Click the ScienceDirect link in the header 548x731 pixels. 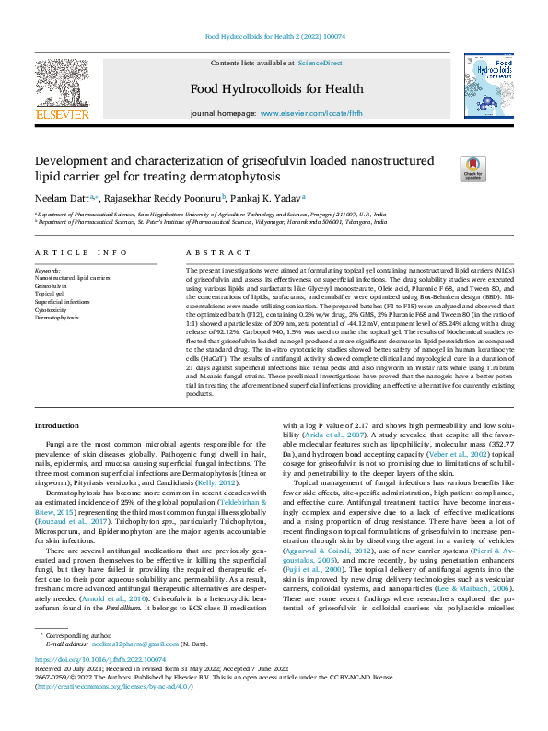tap(320, 63)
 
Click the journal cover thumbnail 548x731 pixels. tap(488, 87)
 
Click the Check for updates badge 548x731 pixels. tap(472, 168)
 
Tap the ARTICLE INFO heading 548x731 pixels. tap(81, 252)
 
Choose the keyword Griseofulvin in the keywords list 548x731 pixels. tap(51, 286)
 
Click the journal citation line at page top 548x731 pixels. tap(274, 37)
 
